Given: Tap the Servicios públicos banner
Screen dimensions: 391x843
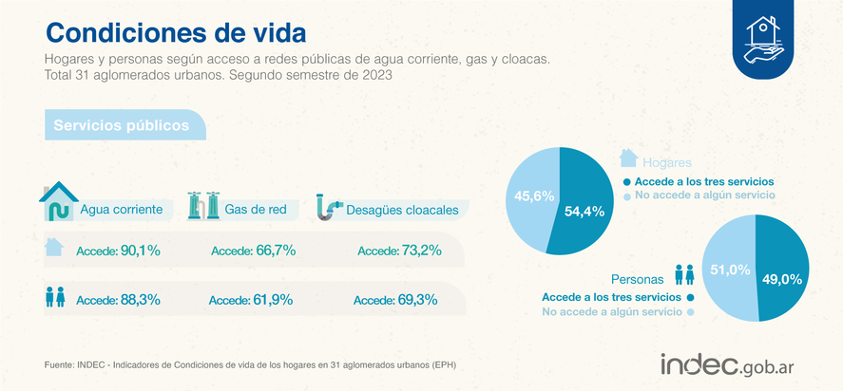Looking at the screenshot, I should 120,125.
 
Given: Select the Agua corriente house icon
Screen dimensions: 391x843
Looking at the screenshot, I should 58,201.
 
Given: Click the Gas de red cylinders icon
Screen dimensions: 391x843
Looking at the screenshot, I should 203,205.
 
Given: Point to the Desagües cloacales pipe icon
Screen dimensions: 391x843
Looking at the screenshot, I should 329,206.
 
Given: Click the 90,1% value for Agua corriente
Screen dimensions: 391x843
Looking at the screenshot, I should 140,251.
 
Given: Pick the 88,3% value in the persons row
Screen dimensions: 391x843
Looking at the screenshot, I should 140,300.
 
